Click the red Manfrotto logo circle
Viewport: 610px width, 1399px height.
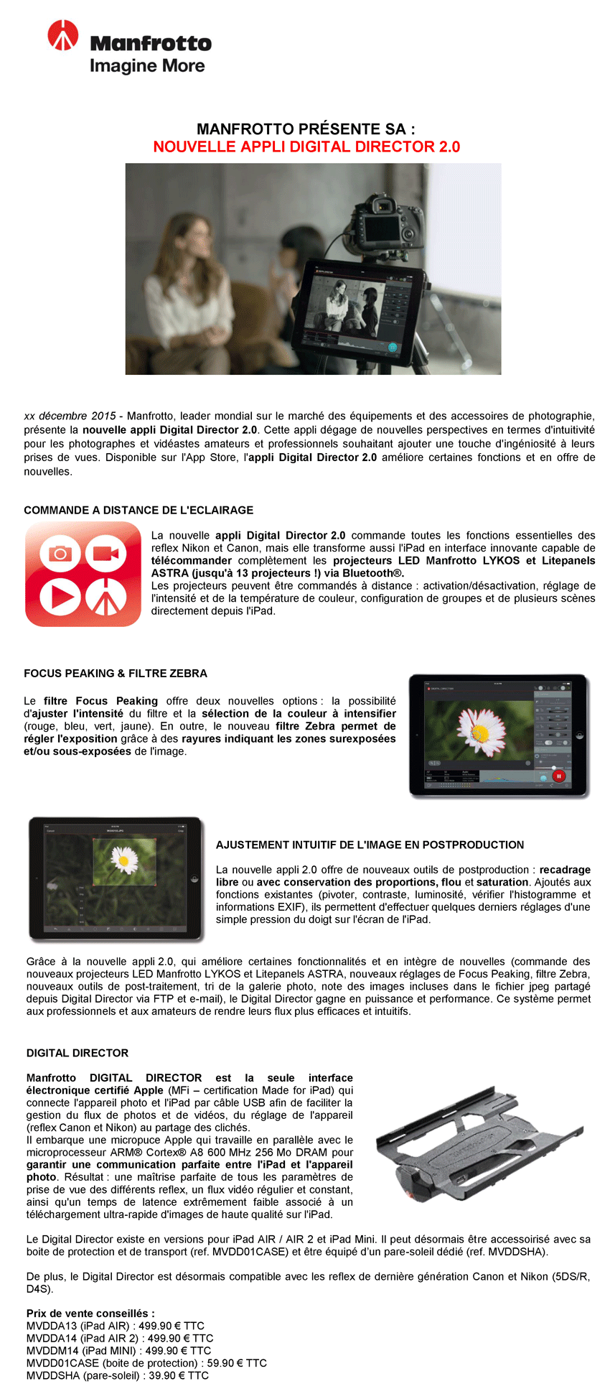tap(62, 35)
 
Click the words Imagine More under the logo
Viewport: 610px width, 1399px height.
tap(147, 66)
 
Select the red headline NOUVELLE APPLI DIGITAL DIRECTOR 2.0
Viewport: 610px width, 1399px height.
tap(306, 147)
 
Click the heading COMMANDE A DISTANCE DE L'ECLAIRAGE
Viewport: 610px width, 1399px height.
tap(139, 510)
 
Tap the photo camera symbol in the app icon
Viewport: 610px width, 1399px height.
tap(60, 553)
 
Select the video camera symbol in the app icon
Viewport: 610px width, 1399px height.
tap(106, 553)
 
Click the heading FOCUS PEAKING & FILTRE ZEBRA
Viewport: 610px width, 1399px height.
tap(116, 673)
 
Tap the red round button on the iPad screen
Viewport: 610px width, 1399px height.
tap(558, 776)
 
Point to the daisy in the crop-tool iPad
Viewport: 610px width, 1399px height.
tap(124, 859)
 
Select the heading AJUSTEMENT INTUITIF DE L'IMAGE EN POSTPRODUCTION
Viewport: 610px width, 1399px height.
tap(370, 845)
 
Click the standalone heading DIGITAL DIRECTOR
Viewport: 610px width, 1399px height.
tap(78, 1053)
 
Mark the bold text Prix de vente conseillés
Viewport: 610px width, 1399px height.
tap(90, 1313)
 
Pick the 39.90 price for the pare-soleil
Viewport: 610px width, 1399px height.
tap(166, 1375)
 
